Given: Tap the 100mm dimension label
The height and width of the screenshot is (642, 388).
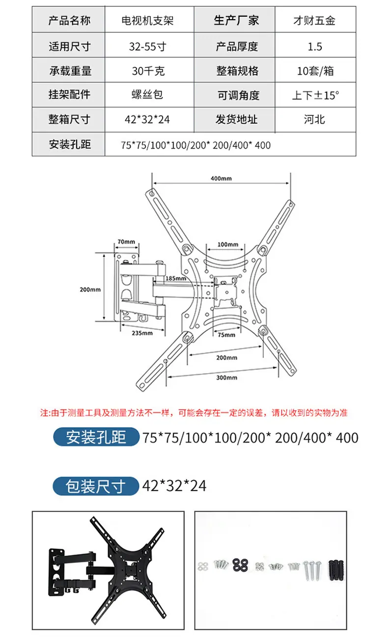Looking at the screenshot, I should (227, 244).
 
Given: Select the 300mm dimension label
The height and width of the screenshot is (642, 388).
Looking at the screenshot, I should (226, 377).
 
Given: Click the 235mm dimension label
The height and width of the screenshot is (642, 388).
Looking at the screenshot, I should (142, 333).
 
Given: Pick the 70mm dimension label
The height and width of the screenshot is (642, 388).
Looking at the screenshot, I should (126, 242).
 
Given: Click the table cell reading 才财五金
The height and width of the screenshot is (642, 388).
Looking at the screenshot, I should (314, 21).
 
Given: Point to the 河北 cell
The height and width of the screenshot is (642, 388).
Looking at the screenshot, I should (314, 119).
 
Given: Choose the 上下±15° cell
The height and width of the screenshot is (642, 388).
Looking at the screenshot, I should (314, 95).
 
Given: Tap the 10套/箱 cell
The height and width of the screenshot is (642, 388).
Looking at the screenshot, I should (314, 71).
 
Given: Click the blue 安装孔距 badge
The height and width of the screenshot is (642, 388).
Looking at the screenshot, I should (96, 437).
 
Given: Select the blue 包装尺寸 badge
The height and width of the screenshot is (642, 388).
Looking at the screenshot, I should (96, 486).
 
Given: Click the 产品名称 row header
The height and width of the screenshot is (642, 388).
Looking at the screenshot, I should (69, 21).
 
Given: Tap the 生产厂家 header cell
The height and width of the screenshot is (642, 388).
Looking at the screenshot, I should (236, 21).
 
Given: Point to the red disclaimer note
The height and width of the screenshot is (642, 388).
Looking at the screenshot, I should (194, 413).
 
